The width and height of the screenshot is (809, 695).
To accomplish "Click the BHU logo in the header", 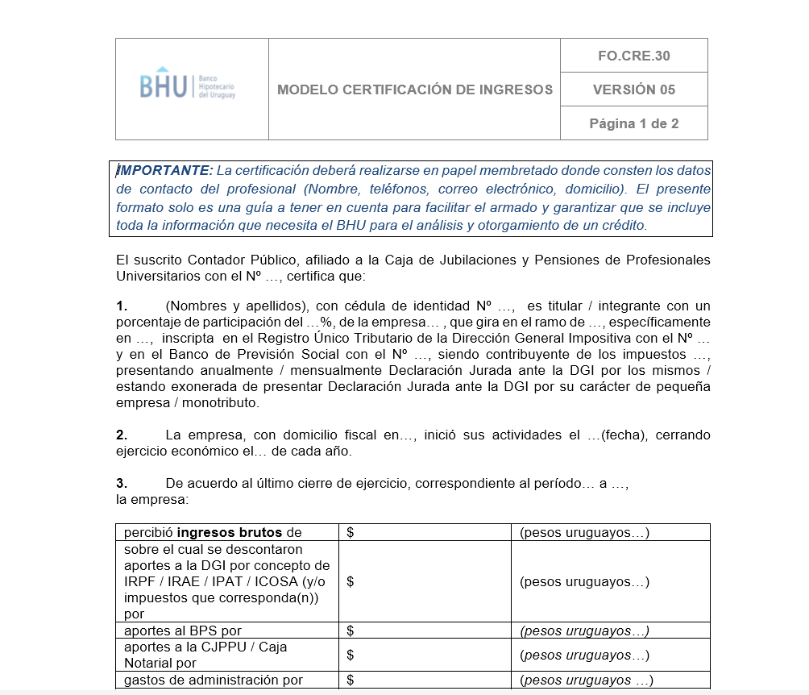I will coord(187,86).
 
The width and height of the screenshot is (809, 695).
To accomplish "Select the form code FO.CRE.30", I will coord(633,56).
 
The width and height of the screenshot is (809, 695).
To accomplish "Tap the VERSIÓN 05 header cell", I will coord(633,89).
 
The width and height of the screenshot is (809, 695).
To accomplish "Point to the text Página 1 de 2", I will coord(633,123).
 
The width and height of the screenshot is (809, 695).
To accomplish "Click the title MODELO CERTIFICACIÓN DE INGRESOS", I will coord(414,89).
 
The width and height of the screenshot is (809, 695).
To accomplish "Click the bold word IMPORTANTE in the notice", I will coord(165,170).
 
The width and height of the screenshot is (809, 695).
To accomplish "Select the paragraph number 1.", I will coord(122,306).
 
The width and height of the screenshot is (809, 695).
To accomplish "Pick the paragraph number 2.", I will coord(122,435).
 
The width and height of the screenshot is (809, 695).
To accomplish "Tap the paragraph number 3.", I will coord(122,484).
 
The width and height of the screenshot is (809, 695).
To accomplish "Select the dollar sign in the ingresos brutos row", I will coord(351,532).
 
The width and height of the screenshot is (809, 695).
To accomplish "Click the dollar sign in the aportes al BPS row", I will coord(351,630).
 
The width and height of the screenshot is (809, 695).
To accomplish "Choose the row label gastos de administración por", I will coord(213,680).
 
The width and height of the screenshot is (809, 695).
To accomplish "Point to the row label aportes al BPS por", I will coord(183,630).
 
